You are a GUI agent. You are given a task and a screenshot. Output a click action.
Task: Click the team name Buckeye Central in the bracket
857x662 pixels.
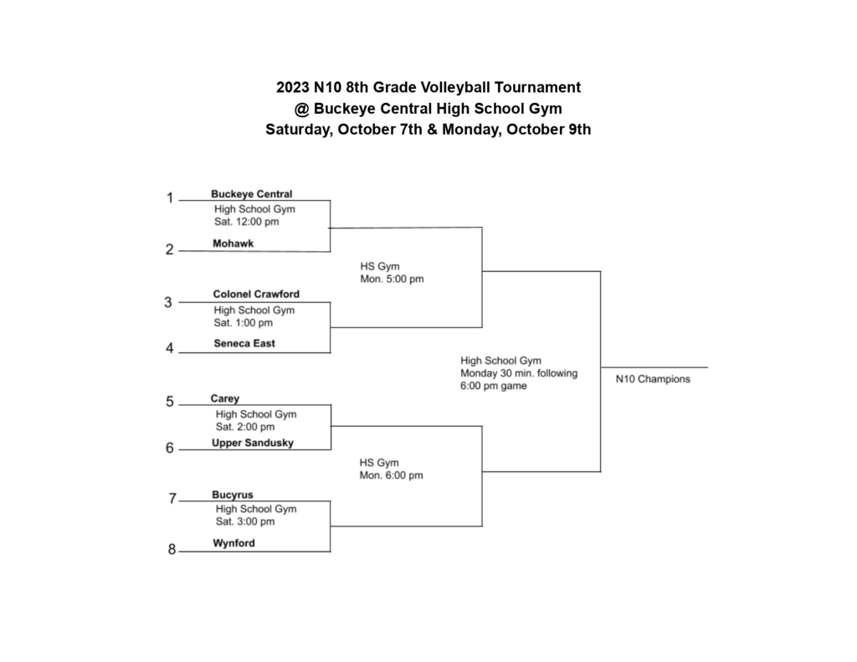point(251,194)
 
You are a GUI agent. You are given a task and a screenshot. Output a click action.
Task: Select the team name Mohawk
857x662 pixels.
point(233,244)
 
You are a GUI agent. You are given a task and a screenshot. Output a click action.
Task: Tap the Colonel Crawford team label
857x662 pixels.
point(256,295)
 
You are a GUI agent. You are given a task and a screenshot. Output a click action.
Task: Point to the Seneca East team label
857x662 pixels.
point(244,343)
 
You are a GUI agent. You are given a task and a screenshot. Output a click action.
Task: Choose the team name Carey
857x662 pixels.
point(225,399)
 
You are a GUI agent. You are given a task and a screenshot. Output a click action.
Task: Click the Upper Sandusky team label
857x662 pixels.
point(253,443)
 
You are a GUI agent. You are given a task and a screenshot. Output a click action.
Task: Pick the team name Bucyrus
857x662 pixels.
point(233,495)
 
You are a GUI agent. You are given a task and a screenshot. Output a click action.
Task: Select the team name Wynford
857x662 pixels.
point(233,543)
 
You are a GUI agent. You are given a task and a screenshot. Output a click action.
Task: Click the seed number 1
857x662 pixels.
point(170,198)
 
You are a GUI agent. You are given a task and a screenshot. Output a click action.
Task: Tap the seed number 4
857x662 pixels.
point(170,349)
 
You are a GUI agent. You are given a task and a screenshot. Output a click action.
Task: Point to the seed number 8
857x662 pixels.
point(172,550)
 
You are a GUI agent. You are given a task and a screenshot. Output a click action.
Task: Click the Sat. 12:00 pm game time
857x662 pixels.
point(246,222)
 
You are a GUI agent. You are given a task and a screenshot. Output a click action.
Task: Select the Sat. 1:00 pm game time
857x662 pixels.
point(244,322)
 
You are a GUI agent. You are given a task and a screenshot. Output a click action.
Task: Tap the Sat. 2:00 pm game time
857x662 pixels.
point(244,427)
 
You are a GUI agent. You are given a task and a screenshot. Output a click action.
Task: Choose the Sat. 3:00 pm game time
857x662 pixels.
point(244,521)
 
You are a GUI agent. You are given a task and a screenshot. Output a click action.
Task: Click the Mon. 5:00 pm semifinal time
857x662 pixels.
point(392,279)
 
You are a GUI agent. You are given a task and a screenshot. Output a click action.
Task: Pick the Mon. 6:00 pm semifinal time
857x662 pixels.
point(391,475)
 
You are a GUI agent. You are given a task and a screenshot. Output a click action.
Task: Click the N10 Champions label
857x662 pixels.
point(653,379)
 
